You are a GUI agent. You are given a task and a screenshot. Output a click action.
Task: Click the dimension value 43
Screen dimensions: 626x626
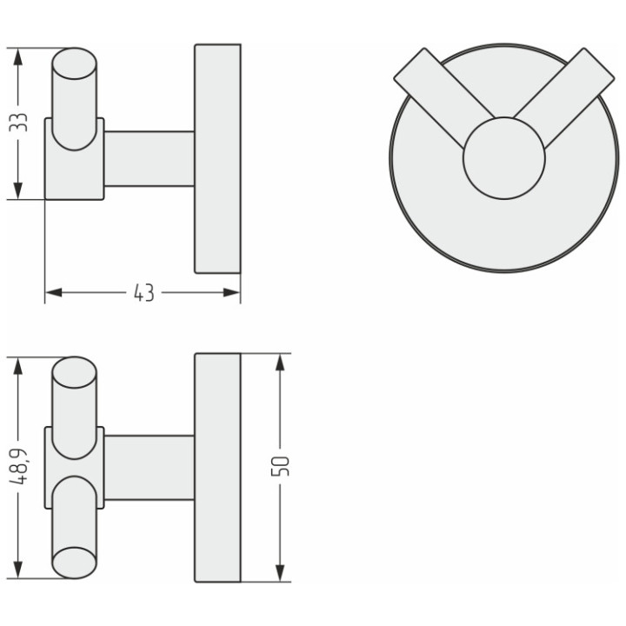point(143,294)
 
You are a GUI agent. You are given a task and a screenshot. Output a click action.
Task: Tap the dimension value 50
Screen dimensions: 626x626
point(280,466)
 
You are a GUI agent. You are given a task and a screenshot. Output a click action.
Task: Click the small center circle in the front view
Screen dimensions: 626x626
point(503,158)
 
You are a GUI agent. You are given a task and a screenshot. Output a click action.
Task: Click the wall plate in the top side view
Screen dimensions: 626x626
point(216,158)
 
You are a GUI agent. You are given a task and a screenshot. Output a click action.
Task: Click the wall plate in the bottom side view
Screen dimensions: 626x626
point(216,467)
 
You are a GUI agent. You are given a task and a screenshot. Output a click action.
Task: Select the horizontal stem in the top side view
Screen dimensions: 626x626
point(149,158)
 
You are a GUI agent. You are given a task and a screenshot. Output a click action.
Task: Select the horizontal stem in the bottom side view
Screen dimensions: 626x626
point(149,467)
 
